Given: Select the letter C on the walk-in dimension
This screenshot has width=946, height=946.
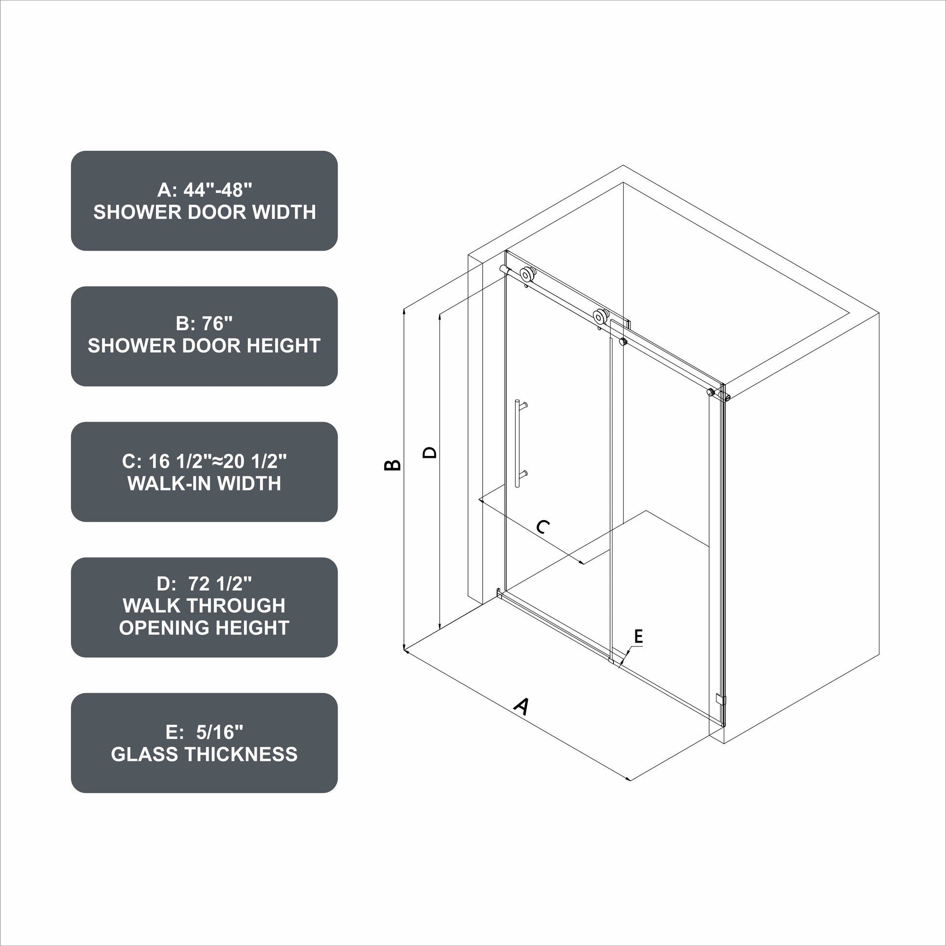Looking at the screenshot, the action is click(543, 527).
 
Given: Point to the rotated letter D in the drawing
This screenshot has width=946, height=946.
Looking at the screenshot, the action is click(429, 452).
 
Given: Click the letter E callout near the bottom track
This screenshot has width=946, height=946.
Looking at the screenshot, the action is click(638, 636).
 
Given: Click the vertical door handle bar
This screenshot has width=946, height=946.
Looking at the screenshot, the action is click(517, 444).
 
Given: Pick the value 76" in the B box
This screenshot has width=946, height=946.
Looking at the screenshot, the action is click(217, 323).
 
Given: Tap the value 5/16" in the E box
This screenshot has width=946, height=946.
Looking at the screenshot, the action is click(219, 732).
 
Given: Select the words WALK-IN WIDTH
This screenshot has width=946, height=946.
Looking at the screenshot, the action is click(204, 483).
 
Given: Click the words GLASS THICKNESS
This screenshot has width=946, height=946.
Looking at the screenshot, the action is click(204, 754).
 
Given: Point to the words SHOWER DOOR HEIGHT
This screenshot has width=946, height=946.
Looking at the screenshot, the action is click(204, 346).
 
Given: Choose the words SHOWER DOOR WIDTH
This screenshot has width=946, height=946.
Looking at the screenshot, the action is click(205, 212).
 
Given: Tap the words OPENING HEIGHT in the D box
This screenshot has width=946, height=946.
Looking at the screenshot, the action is click(204, 628).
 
